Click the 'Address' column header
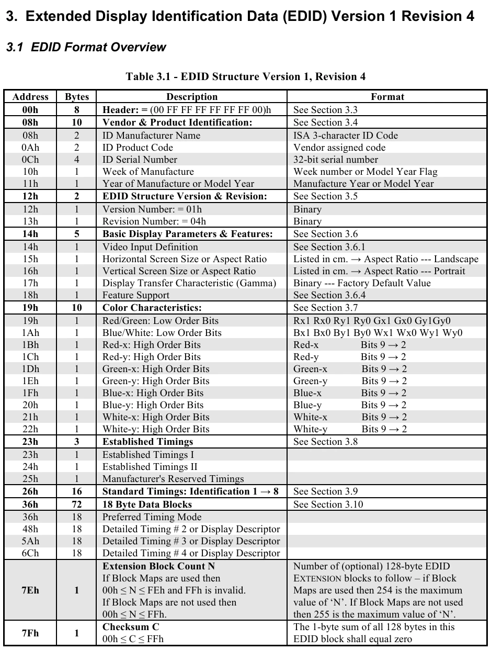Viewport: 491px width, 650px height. tap(30, 97)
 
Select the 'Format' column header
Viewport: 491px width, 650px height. tap(387, 97)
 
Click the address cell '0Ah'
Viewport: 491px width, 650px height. tap(30, 148)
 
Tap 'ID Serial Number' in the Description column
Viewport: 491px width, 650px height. tap(140, 160)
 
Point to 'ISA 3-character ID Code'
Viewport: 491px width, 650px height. tap(346, 136)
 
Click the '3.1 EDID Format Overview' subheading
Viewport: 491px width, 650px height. tap(86, 47)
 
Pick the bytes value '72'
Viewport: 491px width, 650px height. tap(77, 505)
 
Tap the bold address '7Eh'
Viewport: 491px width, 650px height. tap(30, 590)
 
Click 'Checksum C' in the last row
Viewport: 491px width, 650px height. tap(131, 627)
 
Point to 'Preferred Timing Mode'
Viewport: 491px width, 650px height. tap(152, 517)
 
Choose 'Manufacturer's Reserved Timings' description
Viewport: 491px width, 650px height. tap(173, 479)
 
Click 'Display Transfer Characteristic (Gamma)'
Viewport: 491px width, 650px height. tap(189, 283)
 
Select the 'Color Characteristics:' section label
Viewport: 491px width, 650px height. tap(152, 308)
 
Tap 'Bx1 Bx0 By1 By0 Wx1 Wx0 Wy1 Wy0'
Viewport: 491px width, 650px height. tap(378, 333)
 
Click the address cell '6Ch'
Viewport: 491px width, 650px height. tap(30, 553)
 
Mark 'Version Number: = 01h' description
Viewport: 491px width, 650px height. tap(152, 209)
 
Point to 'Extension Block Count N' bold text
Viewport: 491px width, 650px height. tap(158, 566)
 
